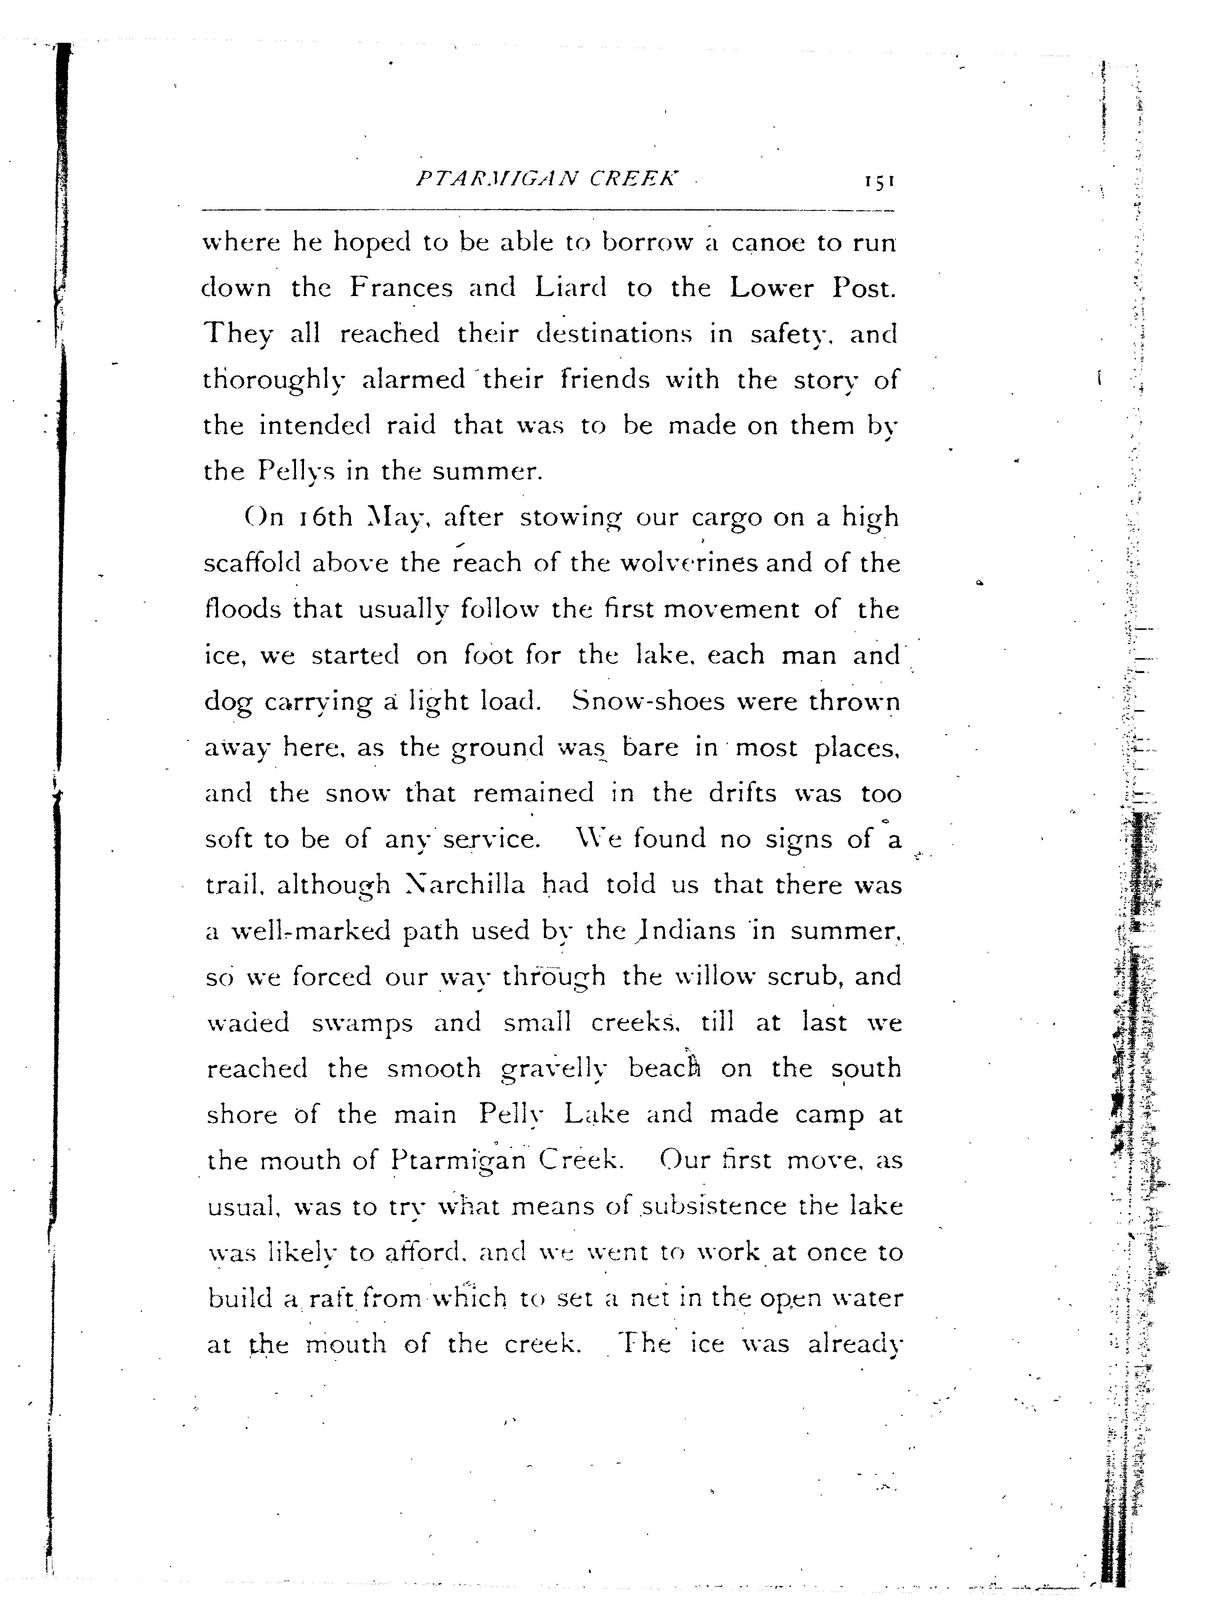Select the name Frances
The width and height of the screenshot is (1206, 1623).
(x=401, y=288)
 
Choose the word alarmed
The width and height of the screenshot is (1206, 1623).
(x=414, y=380)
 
